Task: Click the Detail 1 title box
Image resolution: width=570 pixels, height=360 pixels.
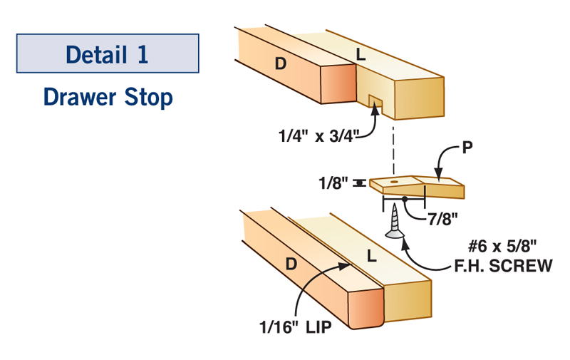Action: pos(107,54)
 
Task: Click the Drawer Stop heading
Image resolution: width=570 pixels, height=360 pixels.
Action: pos(107,96)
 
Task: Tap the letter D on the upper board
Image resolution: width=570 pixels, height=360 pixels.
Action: pos(281,63)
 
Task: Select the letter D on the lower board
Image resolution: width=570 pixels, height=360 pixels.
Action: pos(291,264)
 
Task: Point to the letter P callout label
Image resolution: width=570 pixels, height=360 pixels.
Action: pos(468,148)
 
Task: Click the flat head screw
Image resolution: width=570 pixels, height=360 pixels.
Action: pos(393,224)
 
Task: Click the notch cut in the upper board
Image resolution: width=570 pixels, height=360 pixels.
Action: pos(375,105)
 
